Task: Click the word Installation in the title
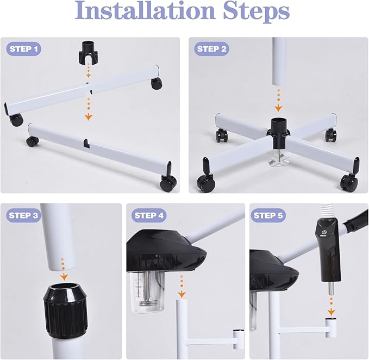pos(145,11)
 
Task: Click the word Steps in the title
pos(257,13)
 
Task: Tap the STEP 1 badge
pos(23,49)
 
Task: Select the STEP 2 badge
pos(211,49)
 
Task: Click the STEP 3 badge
pos(23,215)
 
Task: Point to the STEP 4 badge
pos(149,215)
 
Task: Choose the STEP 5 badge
pos(268,215)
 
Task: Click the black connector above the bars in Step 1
pos(86,53)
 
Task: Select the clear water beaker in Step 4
pos(147,292)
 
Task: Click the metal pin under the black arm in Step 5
pos(330,288)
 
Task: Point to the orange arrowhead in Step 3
pos(64,277)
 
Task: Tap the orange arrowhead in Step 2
pos(278,108)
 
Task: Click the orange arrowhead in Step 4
pos(182,294)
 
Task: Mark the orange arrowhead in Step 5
pos(331,312)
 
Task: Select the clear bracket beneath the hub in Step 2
pos(279,162)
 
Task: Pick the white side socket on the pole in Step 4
pos(238,339)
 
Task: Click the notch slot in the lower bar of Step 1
pos(86,144)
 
